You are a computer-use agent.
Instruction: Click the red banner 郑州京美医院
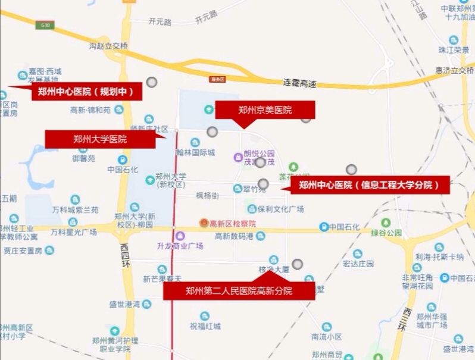(265, 110)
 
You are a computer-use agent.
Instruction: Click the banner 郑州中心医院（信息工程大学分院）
(369, 185)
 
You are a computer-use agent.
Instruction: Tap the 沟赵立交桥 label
(109, 46)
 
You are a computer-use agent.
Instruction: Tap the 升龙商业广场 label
(180, 245)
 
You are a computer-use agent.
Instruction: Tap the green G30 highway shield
(43, 25)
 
